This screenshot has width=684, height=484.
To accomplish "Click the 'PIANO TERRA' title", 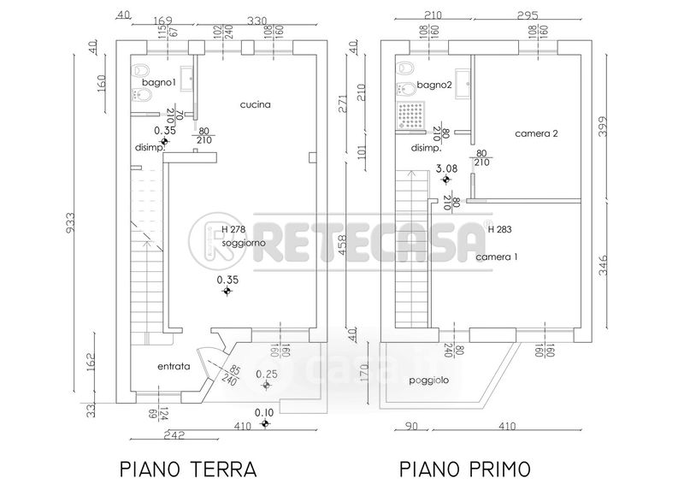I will [186, 469].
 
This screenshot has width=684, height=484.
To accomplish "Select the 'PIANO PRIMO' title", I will [464, 469].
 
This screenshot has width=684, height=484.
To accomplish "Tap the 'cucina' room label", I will [255, 105].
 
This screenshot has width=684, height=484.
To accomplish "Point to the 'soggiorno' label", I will [243, 243].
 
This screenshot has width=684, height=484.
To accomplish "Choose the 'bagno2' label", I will [435, 85].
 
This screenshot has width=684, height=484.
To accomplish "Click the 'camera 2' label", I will [536, 133].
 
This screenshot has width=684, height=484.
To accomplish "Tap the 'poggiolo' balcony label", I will [429, 380].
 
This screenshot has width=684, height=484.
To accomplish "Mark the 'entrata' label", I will [174, 367].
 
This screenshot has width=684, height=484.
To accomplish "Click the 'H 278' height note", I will [234, 230].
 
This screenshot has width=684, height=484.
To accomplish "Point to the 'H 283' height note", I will [499, 229].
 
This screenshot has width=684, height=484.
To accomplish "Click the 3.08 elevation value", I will [446, 169].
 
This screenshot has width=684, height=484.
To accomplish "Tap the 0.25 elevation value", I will [267, 374].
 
